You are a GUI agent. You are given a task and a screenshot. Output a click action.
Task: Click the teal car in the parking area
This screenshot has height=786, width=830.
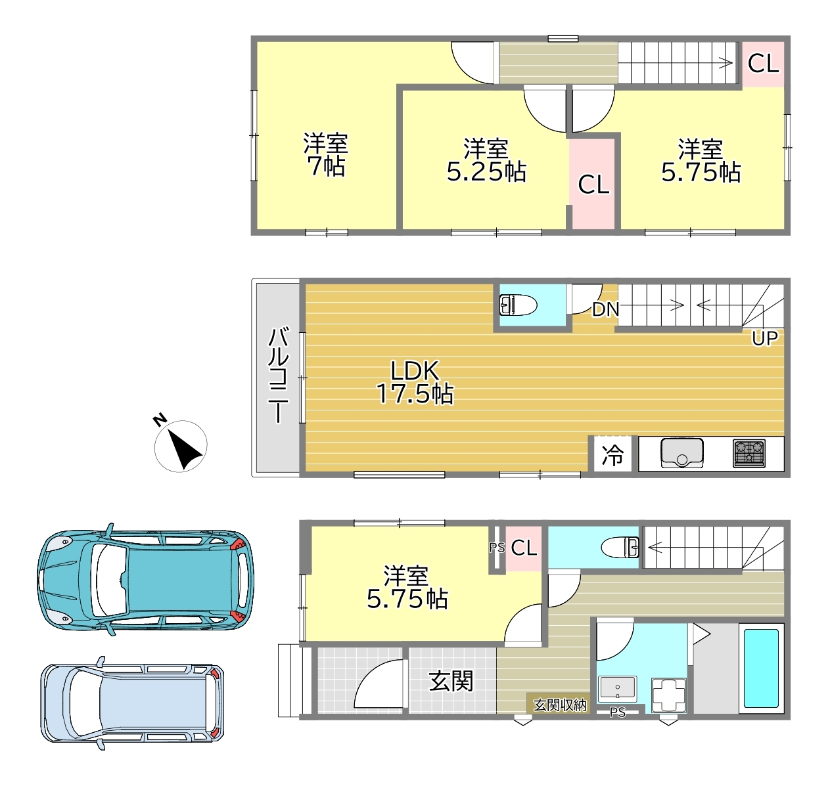[x=146, y=579]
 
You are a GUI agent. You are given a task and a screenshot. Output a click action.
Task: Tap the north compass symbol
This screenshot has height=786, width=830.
[x=180, y=445]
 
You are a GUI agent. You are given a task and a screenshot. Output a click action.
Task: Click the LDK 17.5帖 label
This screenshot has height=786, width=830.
[x=415, y=382]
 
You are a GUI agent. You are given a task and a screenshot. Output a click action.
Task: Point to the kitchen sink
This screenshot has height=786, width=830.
[x=682, y=453]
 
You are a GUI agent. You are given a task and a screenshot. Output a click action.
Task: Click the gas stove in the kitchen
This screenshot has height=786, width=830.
[x=749, y=454]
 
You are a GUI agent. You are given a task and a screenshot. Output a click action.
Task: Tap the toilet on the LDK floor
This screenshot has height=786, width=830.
[x=518, y=305]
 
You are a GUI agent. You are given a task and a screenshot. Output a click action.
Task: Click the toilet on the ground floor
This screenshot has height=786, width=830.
[x=620, y=548]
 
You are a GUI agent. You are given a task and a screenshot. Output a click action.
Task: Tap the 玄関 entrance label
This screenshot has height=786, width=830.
[x=451, y=681]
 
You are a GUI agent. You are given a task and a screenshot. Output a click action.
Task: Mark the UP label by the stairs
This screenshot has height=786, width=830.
[x=764, y=338]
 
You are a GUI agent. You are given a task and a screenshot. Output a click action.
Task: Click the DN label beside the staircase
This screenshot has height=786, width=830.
[x=605, y=309]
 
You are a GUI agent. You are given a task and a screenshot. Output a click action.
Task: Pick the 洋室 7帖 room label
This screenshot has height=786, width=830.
[x=325, y=155]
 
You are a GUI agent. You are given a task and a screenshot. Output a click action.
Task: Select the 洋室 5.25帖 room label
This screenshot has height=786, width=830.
[x=486, y=160]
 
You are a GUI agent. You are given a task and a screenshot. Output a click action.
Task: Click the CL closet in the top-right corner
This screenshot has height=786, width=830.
[x=763, y=64]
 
